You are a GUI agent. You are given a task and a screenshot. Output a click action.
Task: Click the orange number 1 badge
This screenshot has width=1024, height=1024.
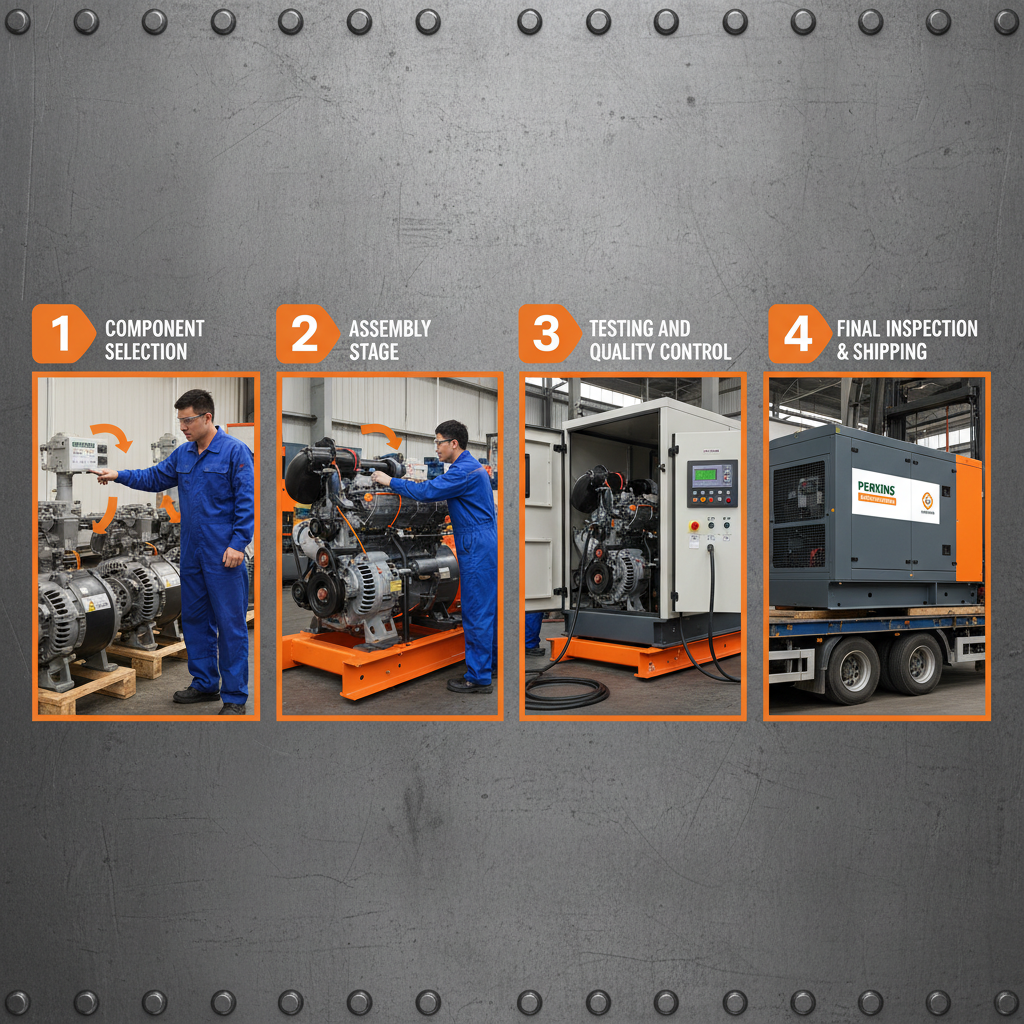(62, 334)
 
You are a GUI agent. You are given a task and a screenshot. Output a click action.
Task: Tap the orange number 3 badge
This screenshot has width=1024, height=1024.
(547, 334)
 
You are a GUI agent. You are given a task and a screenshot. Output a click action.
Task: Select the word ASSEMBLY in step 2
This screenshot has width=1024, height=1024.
(390, 328)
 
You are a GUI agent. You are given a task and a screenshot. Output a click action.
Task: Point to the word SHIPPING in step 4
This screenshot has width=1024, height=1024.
(889, 352)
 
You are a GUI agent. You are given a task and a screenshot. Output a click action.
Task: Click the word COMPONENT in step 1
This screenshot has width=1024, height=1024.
(154, 328)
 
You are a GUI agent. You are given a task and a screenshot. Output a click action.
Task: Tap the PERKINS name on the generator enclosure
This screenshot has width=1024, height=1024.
(880, 487)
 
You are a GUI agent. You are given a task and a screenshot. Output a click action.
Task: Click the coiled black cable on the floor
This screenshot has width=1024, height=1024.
(566, 691)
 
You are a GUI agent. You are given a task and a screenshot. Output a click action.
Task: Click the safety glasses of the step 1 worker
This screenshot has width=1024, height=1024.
(190, 417)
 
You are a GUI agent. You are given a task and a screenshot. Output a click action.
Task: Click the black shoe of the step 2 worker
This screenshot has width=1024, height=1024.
(468, 685)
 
